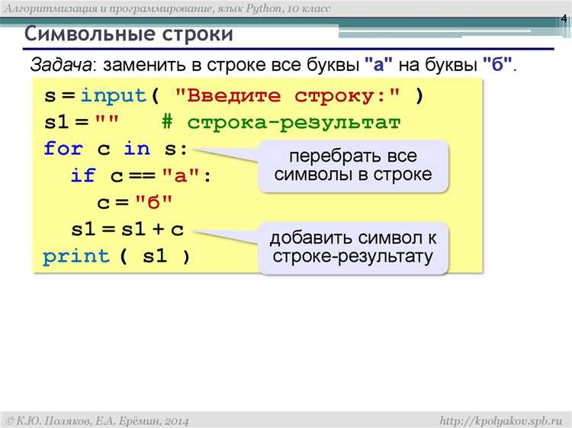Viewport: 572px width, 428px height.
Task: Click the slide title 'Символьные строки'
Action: (129, 34)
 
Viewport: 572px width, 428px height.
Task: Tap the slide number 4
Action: (563, 18)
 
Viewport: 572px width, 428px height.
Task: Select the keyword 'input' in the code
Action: (113, 96)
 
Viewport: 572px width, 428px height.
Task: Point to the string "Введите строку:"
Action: (289, 96)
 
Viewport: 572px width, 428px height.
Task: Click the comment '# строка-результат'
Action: (281, 123)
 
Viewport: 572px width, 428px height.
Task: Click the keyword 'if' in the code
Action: (82, 176)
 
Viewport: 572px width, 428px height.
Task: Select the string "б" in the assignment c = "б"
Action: (154, 203)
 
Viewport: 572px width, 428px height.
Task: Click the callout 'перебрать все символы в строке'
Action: (353, 165)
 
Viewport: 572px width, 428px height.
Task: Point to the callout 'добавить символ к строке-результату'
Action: (353, 246)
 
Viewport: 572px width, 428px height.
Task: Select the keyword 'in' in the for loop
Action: (137, 149)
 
